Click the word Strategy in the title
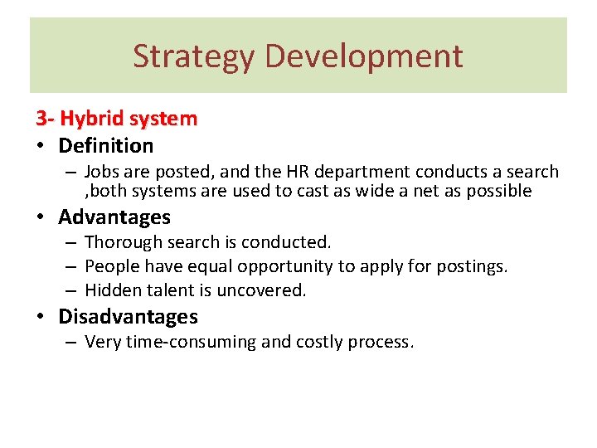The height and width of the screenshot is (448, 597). coord(194,56)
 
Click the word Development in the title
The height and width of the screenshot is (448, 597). coord(363,56)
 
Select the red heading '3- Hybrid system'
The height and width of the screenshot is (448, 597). coord(116,119)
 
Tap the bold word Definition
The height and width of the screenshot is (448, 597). coord(105,146)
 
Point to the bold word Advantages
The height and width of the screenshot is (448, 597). coord(114,217)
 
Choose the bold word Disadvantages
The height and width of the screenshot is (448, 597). coord(128,316)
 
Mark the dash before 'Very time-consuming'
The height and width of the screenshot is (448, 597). coord(72,342)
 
